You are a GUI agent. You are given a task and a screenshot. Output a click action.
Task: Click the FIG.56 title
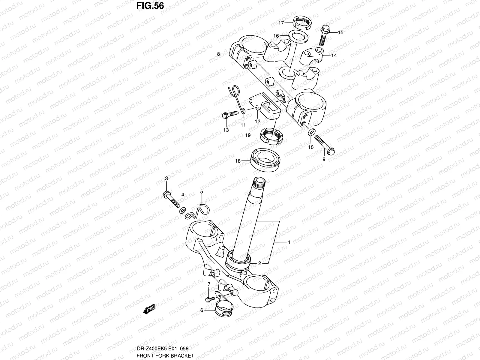[x=150, y=6]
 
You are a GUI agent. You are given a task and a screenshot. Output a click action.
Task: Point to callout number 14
[x=334, y=55]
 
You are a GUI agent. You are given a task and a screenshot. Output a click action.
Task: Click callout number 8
[x=219, y=54]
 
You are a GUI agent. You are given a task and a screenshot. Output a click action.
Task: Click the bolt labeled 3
[x=172, y=199]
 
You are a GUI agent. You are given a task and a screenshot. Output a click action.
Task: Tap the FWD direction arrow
[x=149, y=309]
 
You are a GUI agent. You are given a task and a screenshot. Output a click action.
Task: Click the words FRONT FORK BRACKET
[x=165, y=356]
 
